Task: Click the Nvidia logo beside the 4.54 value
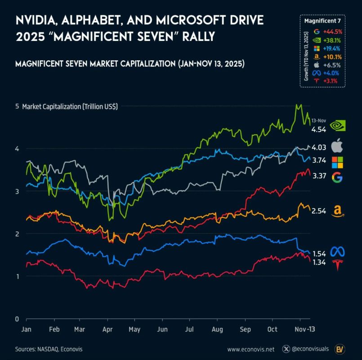click(x=337, y=126)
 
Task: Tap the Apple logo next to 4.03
click(x=337, y=146)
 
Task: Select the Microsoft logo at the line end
click(x=337, y=162)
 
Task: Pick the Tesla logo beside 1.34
click(x=337, y=265)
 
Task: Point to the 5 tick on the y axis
click(x=17, y=106)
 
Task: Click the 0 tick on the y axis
click(x=17, y=319)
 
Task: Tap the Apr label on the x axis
click(x=107, y=329)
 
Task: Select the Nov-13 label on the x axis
click(x=304, y=329)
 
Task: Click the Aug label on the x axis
click(x=217, y=329)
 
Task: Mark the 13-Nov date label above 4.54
click(x=318, y=121)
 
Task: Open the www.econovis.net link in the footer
click(x=251, y=349)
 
